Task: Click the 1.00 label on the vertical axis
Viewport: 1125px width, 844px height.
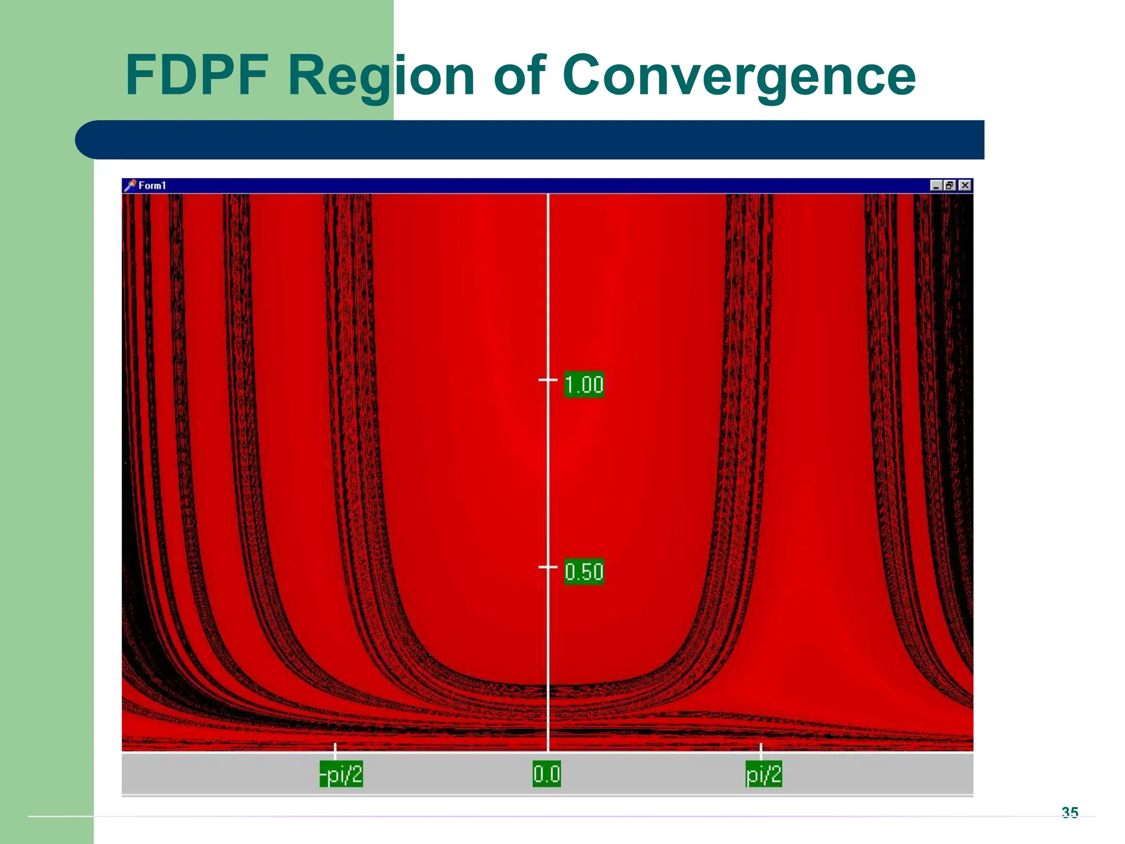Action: pos(584,385)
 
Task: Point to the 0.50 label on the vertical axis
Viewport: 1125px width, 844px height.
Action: pos(584,572)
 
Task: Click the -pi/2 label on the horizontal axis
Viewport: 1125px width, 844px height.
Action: pos(341,775)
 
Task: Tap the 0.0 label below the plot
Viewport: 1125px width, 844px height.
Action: pos(547,774)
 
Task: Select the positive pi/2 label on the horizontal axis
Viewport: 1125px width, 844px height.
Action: pos(764,775)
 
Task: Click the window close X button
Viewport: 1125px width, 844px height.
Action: pos(965,185)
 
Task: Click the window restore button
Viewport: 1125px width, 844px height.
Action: pos(950,185)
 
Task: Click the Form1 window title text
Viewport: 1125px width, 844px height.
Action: pos(152,186)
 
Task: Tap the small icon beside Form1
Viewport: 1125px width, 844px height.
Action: pos(130,185)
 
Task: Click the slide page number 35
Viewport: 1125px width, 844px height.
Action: pos(1070,812)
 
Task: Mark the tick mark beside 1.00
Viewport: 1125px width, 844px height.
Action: pos(547,380)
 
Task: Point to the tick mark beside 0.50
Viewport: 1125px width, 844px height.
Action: pos(547,567)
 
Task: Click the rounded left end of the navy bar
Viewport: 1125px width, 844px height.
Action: pos(88,140)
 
